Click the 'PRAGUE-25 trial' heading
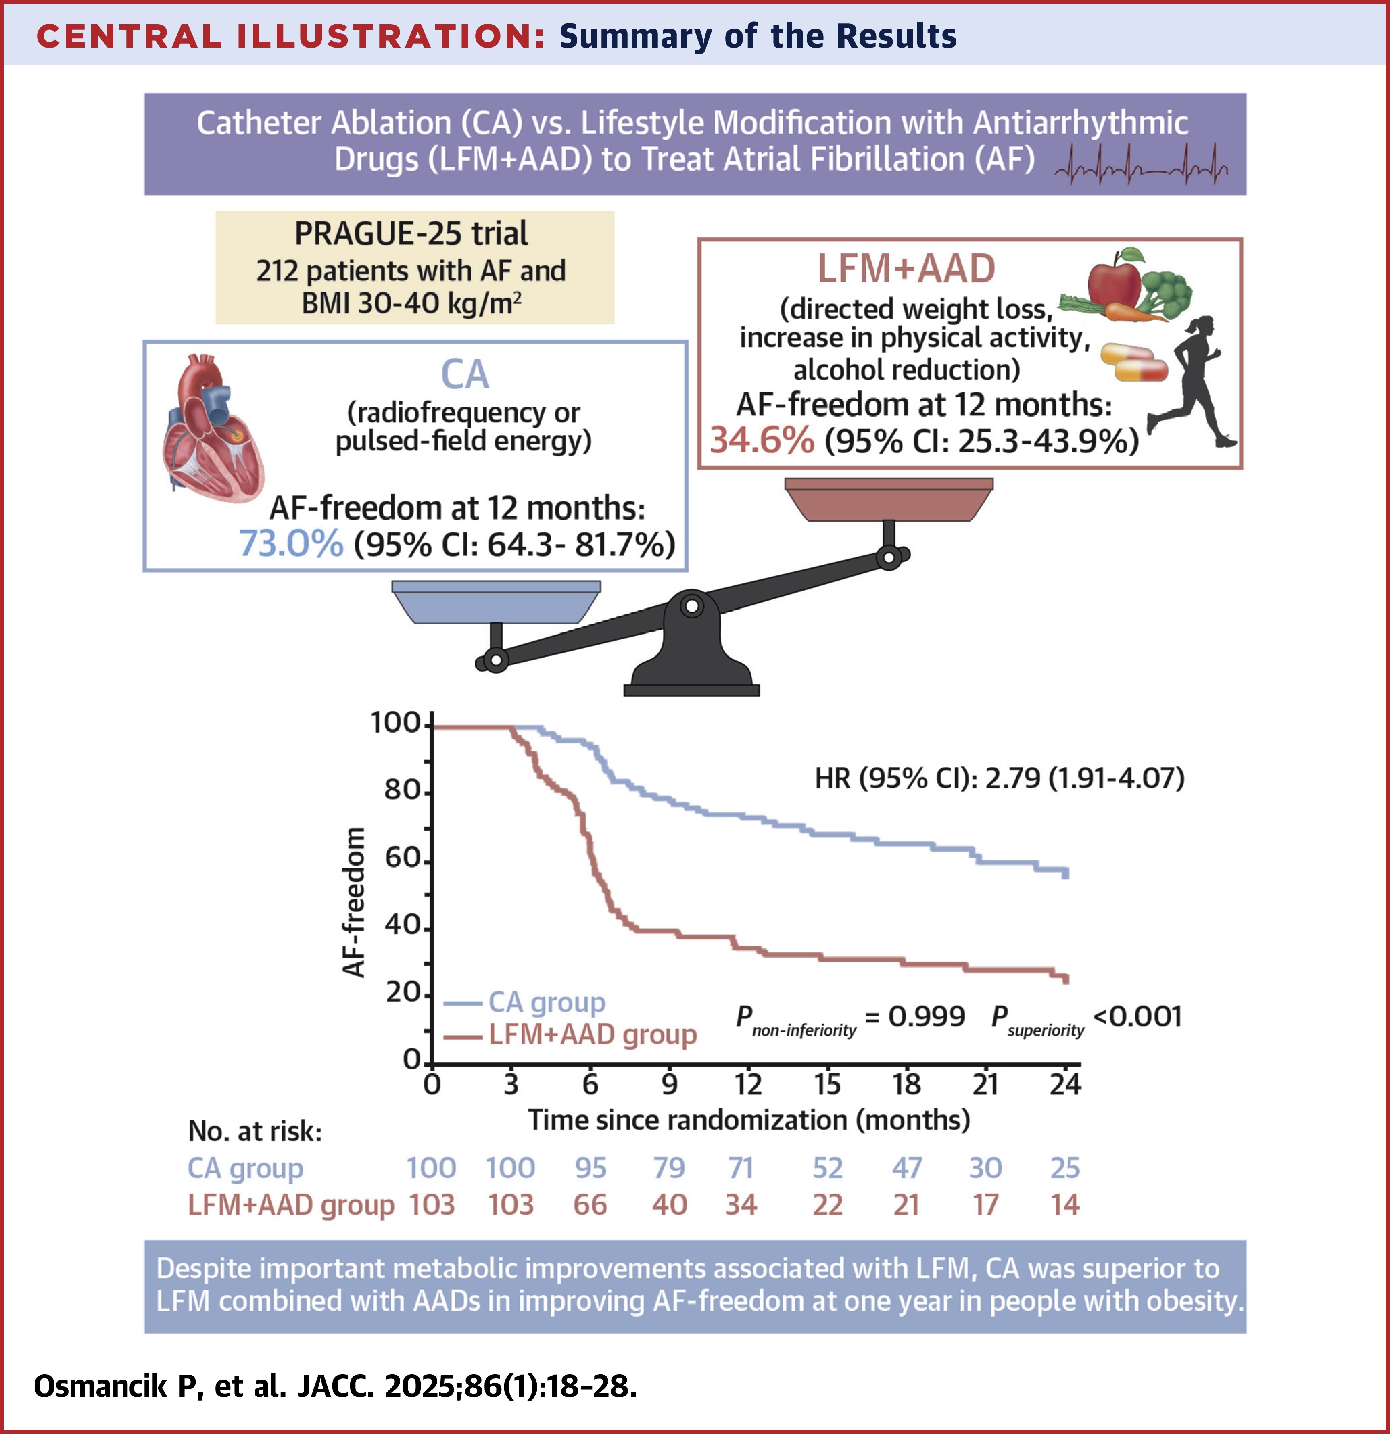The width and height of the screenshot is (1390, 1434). point(411,234)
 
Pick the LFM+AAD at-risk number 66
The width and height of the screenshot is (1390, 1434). point(590,1204)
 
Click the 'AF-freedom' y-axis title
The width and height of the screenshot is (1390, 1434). point(354,902)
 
